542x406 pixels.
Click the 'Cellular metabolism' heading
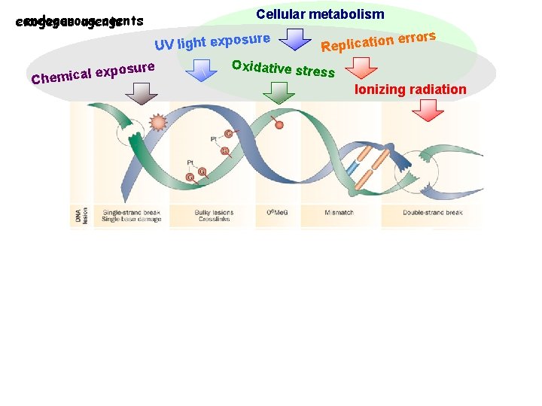pyautogui.click(x=320, y=14)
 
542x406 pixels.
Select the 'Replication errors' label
pyautogui.click(x=379, y=41)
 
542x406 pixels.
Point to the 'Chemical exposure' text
pyautogui.click(x=93, y=72)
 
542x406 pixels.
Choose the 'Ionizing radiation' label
pyautogui.click(x=410, y=89)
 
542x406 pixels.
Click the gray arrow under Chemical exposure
pyautogui.click(x=141, y=92)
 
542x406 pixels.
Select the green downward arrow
pyautogui.click(x=279, y=92)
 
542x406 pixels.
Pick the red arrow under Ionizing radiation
pyautogui.click(x=430, y=110)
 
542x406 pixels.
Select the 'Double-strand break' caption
pyautogui.click(x=432, y=213)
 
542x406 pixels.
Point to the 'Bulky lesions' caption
pyautogui.click(x=214, y=213)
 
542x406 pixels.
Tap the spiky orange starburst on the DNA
pyautogui.click(x=158, y=123)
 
